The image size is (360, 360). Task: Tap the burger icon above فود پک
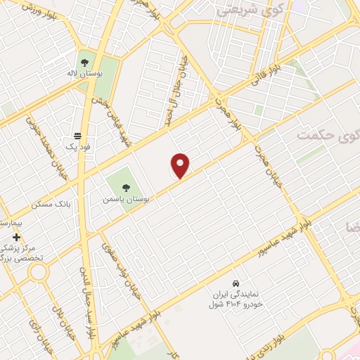77,136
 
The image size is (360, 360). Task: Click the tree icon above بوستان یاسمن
126,187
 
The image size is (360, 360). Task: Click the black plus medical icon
16,238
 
